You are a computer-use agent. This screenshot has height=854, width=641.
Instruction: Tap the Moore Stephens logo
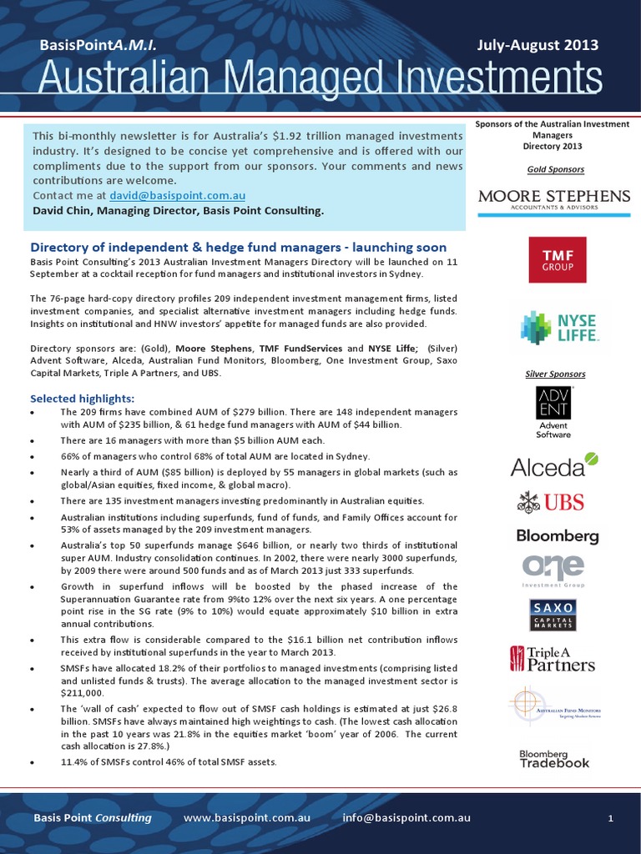click(x=554, y=200)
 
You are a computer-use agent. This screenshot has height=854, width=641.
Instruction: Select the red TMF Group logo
click(x=558, y=259)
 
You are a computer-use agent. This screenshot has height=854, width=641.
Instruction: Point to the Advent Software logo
click(x=553, y=412)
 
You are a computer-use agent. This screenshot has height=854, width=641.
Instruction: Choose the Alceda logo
click(x=554, y=465)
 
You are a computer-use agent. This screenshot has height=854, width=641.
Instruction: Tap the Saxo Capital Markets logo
click(x=553, y=615)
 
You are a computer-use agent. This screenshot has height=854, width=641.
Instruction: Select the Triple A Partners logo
click(x=553, y=659)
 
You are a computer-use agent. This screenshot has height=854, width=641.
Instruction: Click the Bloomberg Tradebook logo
click(x=554, y=758)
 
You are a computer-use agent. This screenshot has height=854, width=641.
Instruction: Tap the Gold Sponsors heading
click(x=555, y=169)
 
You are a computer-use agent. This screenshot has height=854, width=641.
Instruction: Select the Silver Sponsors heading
click(x=555, y=374)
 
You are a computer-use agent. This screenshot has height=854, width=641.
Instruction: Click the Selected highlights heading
click(x=82, y=399)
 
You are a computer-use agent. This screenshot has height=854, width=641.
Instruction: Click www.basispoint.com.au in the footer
click(x=247, y=818)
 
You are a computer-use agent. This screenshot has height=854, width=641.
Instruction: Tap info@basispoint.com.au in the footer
click(x=401, y=818)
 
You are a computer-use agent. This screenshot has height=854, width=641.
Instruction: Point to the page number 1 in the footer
click(x=610, y=819)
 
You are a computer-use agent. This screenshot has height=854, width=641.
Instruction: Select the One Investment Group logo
click(x=553, y=571)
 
